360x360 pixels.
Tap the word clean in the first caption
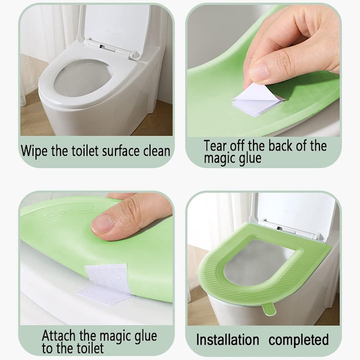(x=156, y=151)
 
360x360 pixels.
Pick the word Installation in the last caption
(x=227, y=339)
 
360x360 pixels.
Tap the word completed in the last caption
(x=298, y=340)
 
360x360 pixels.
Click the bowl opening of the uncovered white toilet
(x=83, y=77)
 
